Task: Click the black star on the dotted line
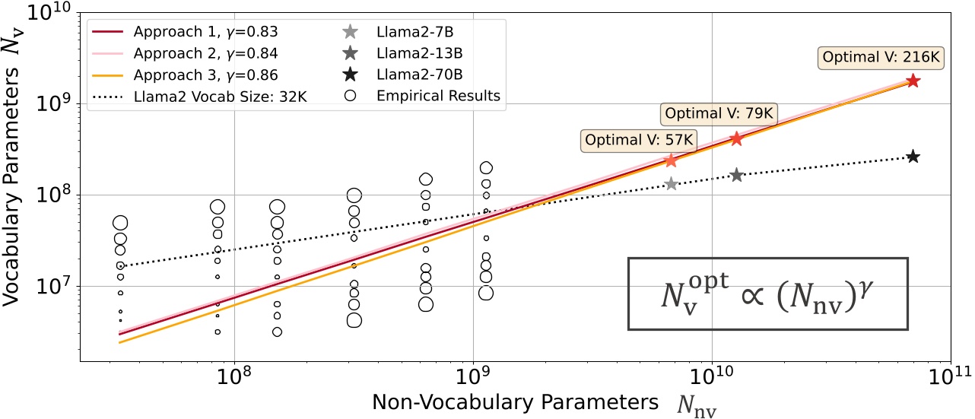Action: pyautogui.click(x=913, y=157)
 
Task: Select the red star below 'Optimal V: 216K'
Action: pyautogui.click(x=913, y=81)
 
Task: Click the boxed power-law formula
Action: pyautogui.click(x=767, y=294)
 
